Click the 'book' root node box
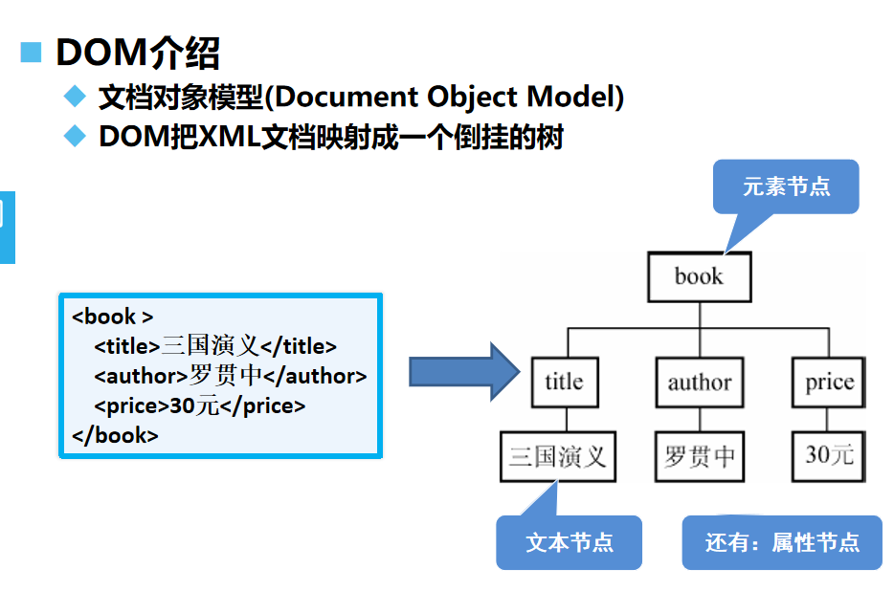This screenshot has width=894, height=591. [699, 277]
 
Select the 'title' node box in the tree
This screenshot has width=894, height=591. [564, 383]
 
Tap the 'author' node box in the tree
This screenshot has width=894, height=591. [699, 383]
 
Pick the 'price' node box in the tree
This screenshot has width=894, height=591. [829, 383]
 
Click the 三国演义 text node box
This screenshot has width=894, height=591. [558, 456]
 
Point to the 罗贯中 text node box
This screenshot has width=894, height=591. [699, 456]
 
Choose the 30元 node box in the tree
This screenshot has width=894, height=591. [829, 456]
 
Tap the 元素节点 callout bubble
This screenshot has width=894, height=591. [786, 186]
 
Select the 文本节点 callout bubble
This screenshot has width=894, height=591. [570, 542]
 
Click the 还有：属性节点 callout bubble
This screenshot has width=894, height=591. [782, 542]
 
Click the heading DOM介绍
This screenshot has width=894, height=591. [137, 53]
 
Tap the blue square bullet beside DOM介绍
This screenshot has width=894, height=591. [32, 53]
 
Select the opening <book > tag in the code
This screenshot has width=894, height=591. [113, 317]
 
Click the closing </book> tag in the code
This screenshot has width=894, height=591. [115, 436]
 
